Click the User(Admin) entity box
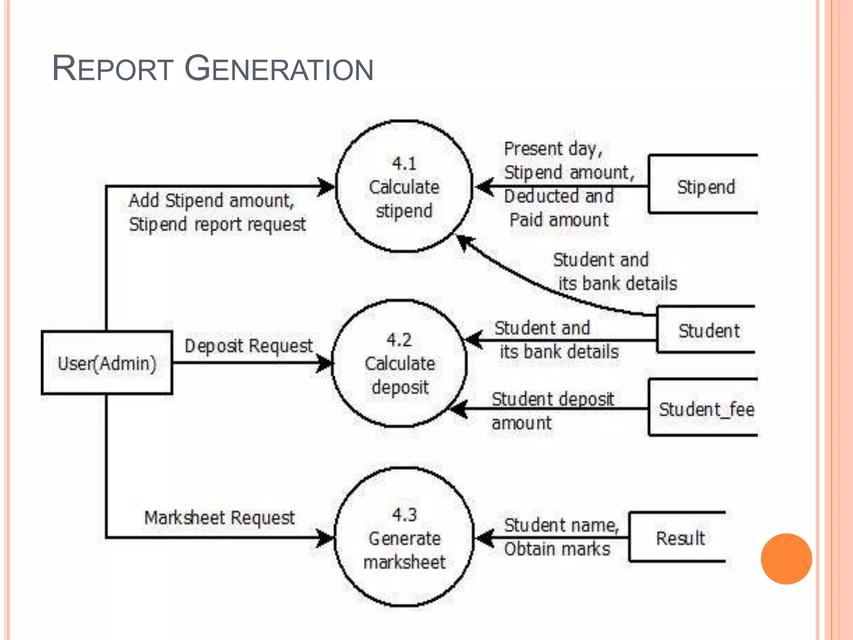[x=107, y=363]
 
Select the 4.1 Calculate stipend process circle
[x=404, y=186]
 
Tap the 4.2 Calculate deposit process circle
[x=399, y=364]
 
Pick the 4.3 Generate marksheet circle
[x=404, y=537]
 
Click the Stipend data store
[x=705, y=186]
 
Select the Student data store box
[x=708, y=330]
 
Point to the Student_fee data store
[x=706, y=409]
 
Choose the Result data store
[x=680, y=538]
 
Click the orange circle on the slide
[x=786, y=559]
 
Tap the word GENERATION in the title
[x=279, y=69]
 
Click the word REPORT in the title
[x=112, y=69]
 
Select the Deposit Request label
[x=248, y=346]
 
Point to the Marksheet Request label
[x=219, y=518]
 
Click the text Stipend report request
[x=217, y=225]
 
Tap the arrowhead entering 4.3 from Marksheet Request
[x=326, y=537]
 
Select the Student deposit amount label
[x=552, y=411]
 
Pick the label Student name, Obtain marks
[x=560, y=537]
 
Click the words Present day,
[x=553, y=149]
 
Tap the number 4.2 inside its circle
[x=399, y=340]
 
